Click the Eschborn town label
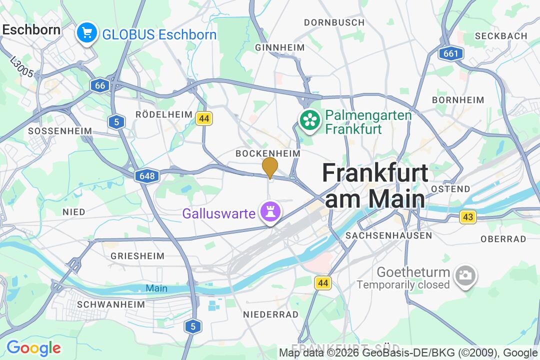[31, 29]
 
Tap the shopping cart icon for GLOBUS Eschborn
[87, 33]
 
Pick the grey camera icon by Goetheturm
[465, 275]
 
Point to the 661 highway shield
[449, 53]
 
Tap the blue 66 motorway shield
[100, 85]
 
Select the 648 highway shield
[147, 176]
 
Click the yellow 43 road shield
[468, 217]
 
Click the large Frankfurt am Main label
[375, 185]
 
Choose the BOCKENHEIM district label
[268, 153]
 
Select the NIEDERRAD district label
[270, 314]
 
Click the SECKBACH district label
[501, 36]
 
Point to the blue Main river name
[156, 288]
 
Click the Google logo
[33, 347]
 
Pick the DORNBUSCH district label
[334, 22]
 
